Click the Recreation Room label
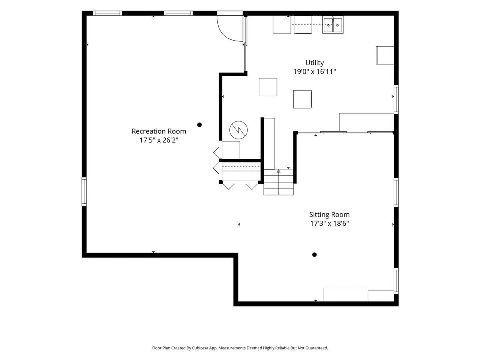tap(159, 131)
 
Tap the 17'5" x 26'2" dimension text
tap(159, 140)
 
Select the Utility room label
tap(314, 63)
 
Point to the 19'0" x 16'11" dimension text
tap(314, 72)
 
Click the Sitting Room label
tap(329, 215)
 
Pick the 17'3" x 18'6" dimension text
tap(329, 223)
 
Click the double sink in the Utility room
tap(333, 25)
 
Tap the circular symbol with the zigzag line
tap(238, 130)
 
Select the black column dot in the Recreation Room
tap(199, 125)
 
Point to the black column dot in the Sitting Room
tap(314, 255)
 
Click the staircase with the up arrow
tap(278, 182)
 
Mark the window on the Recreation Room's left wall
tap(84, 191)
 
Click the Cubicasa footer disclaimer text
tap(240, 348)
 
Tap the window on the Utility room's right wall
tap(396, 99)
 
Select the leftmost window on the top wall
tap(107, 13)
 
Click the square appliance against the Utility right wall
tap(385, 55)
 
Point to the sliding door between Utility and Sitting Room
tap(346, 132)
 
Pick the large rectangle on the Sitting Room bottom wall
tap(346, 295)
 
